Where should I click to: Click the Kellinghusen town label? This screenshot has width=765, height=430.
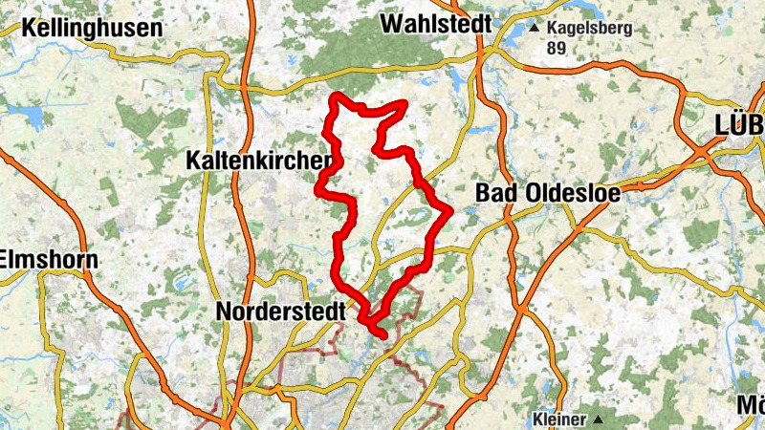92,28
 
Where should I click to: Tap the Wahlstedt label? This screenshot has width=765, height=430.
436,23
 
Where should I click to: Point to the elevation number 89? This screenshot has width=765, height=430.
557,48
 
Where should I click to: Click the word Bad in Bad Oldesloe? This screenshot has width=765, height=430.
498,194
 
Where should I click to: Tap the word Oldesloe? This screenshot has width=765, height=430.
574,194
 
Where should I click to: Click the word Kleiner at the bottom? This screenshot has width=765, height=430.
558,419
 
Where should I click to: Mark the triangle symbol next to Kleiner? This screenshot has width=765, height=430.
598,419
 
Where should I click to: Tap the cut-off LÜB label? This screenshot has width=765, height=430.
739,124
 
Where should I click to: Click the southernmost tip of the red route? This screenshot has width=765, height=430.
383,335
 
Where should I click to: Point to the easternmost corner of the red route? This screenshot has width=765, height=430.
450,207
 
